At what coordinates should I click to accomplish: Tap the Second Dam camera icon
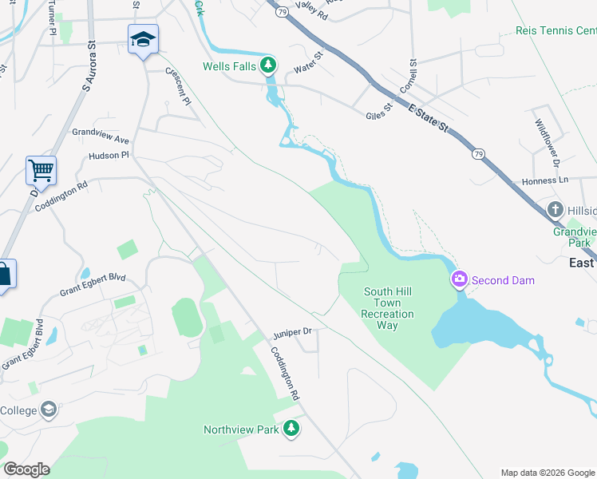click(460, 280)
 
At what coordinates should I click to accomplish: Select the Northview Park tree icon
click(291, 430)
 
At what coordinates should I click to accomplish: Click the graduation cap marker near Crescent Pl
click(143, 40)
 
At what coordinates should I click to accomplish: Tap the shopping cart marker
click(41, 170)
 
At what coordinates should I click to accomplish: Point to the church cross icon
click(556, 211)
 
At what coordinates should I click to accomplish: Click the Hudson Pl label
click(109, 156)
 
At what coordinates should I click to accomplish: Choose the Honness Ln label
click(546, 181)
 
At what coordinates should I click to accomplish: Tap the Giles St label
click(381, 109)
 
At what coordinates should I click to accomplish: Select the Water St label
click(308, 62)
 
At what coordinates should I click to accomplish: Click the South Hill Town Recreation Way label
click(388, 308)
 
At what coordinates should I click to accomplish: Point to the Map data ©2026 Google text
click(546, 473)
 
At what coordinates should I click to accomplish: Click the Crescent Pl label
click(178, 85)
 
